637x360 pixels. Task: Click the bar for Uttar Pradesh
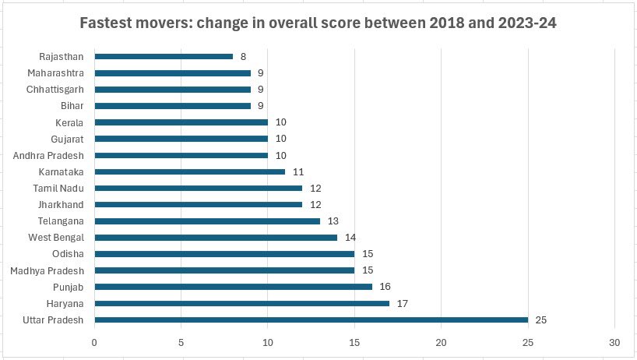click(x=311, y=319)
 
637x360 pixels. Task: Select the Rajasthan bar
click(x=164, y=56)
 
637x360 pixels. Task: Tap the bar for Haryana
click(x=241, y=303)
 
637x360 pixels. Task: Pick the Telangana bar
click(x=207, y=221)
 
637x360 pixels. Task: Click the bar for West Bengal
click(x=216, y=237)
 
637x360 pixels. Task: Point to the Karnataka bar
click(x=190, y=171)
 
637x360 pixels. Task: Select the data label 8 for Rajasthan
click(x=244, y=56)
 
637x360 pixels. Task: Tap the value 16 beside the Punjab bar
click(x=385, y=287)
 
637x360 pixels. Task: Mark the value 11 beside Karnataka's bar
click(x=297, y=171)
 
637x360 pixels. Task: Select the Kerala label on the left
click(x=69, y=122)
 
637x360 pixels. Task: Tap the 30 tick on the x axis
click(x=615, y=342)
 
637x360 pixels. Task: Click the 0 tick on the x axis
click(x=94, y=342)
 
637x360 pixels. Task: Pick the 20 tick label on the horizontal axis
click(x=442, y=342)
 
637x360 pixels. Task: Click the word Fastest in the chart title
click(x=108, y=22)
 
